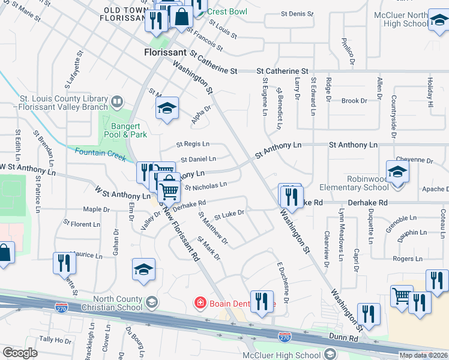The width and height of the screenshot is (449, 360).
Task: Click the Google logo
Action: pos(20,353)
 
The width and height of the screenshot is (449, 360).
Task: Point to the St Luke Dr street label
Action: pos(229,213)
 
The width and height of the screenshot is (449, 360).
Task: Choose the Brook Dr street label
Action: pos(354,101)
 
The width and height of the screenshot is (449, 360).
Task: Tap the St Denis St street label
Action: pos(293,14)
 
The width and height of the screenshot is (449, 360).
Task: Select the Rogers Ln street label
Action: pos(408,259)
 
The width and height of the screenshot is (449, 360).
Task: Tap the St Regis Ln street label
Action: pos(193,144)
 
